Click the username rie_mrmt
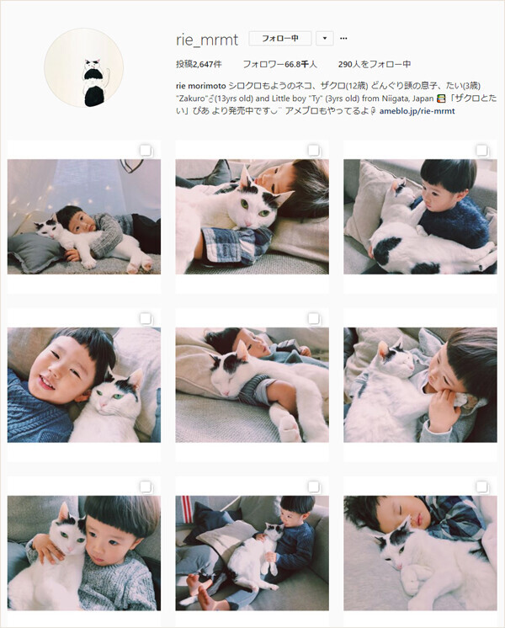coord(207,40)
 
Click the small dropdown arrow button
coord(325,39)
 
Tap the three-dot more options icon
coord(343,39)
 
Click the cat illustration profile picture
coord(83,67)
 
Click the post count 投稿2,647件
coord(199,64)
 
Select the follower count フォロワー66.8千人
coord(279,64)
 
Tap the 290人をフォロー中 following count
coord(375,64)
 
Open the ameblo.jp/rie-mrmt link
coord(417,111)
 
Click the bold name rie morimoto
coord(201,86)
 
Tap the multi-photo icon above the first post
coord(146,151)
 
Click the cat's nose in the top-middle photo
coord(249,223)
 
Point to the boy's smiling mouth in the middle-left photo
coord(47,384)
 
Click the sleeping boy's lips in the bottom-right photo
coord(418,520)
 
